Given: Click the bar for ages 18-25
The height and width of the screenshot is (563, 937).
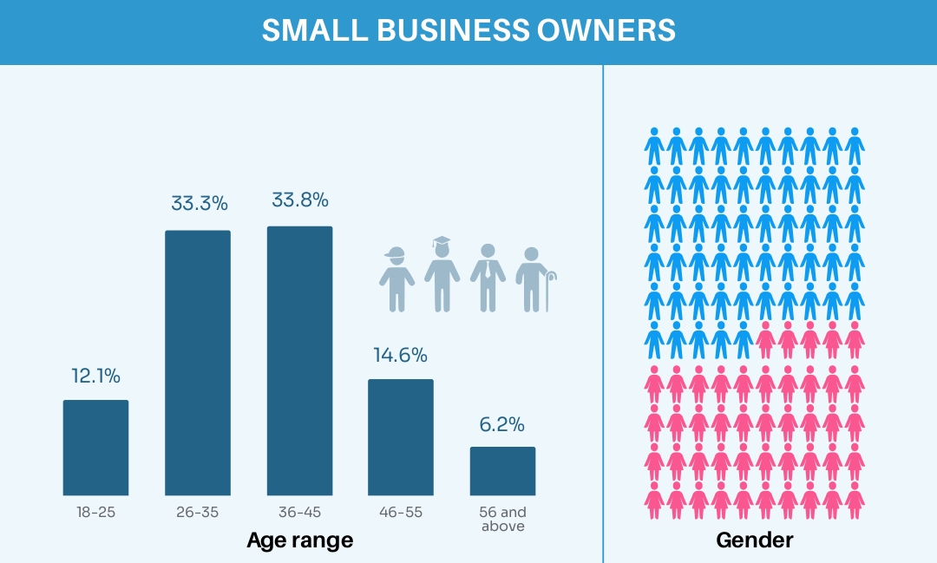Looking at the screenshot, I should [95, 448].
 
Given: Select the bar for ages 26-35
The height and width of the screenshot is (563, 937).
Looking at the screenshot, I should [198, 363].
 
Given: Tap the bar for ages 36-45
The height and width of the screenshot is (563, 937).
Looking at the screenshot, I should [299, 361].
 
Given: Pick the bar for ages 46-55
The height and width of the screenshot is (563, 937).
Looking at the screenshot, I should [401, 437].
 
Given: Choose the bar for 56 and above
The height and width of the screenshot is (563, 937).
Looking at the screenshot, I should [502, 471].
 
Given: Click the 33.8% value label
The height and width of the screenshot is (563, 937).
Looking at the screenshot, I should [300, 200].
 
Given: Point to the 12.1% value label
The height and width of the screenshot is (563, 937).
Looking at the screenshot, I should [95, 376].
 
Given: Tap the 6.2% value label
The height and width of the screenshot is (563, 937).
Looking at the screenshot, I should [502, 425].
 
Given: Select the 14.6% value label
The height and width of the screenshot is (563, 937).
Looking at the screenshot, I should [401, 355].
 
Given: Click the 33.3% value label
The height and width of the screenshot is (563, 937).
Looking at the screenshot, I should [199, 204].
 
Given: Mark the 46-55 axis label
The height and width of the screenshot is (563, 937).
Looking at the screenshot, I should [401, 512].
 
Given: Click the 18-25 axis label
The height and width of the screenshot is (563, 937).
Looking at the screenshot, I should [95, 512].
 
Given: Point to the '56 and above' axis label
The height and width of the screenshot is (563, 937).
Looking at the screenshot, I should [502, 519].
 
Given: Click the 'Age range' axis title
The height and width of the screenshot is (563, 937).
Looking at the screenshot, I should [300, 540].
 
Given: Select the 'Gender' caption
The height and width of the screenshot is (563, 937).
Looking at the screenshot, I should [754, 540].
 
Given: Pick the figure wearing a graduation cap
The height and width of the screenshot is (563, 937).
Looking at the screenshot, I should [442, 273].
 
